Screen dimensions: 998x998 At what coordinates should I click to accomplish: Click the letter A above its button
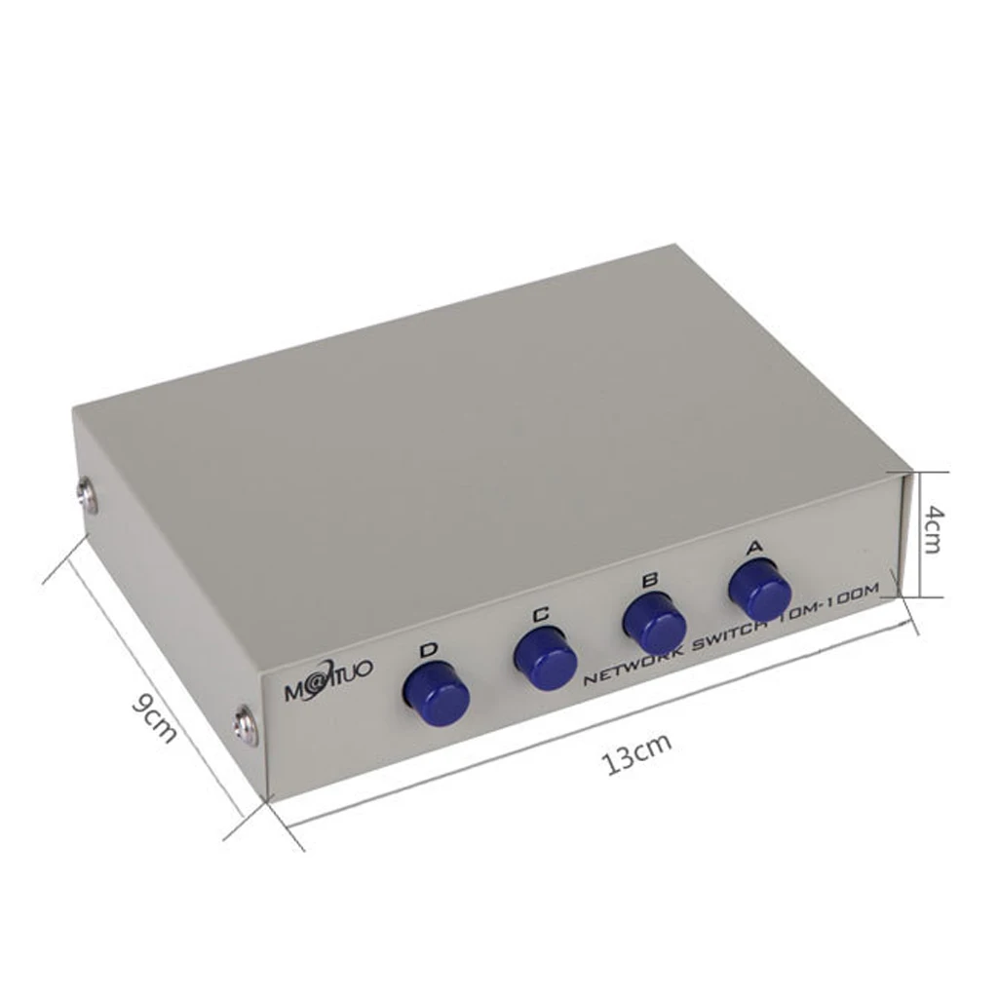(752, 548)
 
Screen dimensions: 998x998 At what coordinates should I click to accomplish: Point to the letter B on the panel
(649, 581)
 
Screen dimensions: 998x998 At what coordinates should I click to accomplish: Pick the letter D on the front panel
(427, 650)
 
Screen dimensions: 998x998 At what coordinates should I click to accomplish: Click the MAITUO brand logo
(327, 693)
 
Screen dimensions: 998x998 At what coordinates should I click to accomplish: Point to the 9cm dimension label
(154, 716)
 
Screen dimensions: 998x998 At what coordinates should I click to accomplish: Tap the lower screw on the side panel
(245, 726)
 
